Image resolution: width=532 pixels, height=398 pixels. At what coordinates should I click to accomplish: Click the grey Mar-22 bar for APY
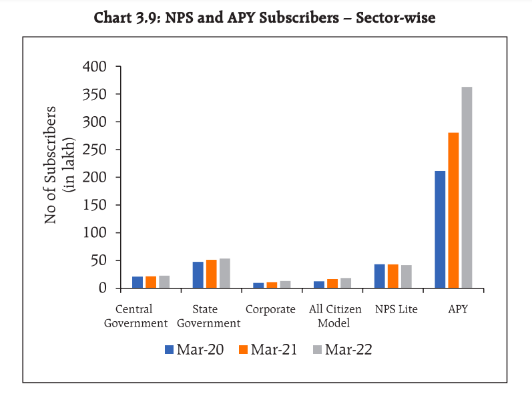pos(467,188)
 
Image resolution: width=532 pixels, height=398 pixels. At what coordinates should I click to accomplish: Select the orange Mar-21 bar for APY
pos(453,210)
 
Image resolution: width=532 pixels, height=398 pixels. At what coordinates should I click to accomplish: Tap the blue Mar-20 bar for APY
pos(440,230)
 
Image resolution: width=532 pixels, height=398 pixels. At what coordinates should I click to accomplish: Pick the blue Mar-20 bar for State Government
pos(198,275)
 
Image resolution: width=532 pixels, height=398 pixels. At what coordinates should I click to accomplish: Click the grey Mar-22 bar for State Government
pos(225,273)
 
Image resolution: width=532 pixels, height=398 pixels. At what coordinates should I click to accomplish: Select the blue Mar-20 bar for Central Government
pos(138,282)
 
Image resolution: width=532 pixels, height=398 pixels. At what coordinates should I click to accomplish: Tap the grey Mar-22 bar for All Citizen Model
pos(346,283)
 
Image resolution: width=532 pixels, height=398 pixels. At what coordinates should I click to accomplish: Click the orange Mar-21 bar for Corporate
pos(272,285)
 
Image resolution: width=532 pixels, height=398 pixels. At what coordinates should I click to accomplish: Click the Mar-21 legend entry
pos(267,349)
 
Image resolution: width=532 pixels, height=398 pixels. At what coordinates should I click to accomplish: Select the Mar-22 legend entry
pos(341,349)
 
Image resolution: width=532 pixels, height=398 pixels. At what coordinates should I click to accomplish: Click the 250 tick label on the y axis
pos(94,150)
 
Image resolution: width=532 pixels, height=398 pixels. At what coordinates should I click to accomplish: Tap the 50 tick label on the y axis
pos(99,260)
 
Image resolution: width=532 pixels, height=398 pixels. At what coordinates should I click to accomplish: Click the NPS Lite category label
pos(396,309)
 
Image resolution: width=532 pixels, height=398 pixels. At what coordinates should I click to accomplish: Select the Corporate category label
pos(270,309)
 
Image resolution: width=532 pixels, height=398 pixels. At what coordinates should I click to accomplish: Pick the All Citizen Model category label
pos(335,316)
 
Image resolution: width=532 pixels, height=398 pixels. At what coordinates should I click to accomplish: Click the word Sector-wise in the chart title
pos(395,18)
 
